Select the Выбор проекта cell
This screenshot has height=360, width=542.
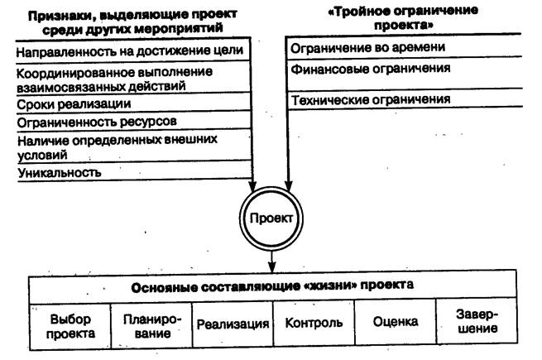tap(70, 326)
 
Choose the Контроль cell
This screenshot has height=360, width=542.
tap(314, 324)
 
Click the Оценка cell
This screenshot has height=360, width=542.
tap(396, 323)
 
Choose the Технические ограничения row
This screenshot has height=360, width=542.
tap(370, 100)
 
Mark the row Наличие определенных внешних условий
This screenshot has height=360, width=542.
tap(116, 146)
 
